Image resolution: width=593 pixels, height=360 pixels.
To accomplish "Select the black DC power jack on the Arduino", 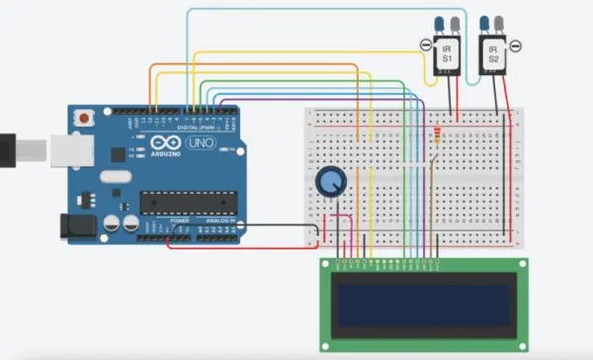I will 75,227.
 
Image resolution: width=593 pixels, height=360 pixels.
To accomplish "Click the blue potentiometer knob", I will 330,182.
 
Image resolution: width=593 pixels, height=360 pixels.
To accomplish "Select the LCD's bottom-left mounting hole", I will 328,343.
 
